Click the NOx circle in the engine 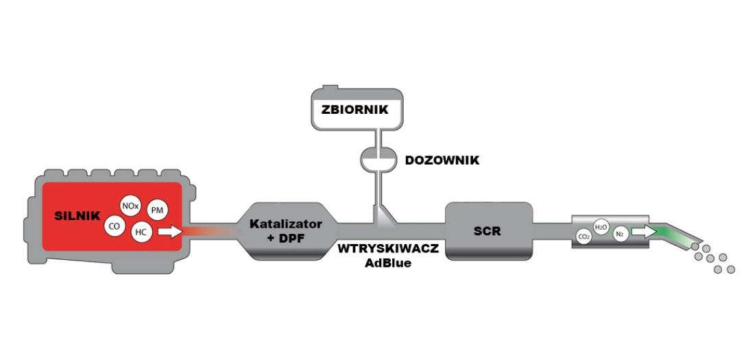(130, 206)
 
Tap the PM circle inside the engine (157, 211)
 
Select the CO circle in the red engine (114, 226)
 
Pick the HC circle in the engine (141, 232)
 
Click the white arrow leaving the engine (170, 232)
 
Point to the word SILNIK (77, 215)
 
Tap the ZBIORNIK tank (357, 108)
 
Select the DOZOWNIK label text (442, 160)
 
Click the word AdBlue (388, 263)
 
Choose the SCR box (488, 231)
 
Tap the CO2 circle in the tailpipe (583, 236)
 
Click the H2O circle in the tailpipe (601, 227)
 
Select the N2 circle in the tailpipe (620, 233)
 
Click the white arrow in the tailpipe (644, 232)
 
